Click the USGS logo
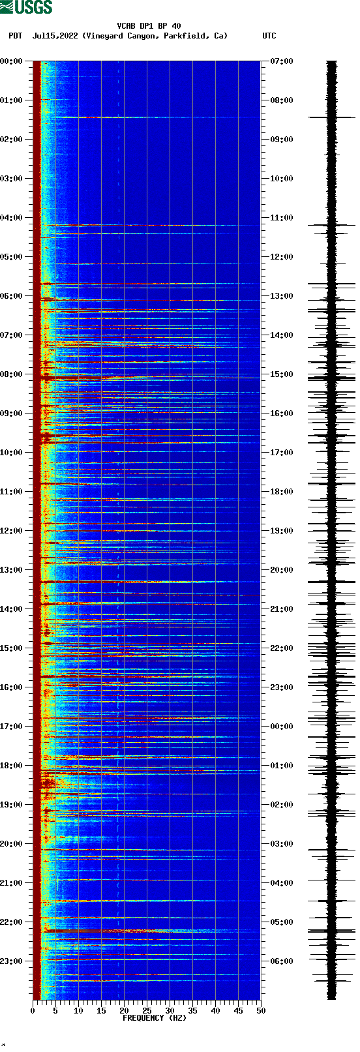point(26,7)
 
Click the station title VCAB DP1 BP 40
point(149,26)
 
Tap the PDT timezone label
point(15,36)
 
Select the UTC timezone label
point(269,36)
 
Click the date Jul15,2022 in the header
point(55,36)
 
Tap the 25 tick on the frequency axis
point(147,1011)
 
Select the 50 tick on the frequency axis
point(261,1011)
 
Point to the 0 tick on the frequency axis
point(33,1011)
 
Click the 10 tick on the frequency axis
point(78,1011)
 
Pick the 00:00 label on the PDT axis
point(12,61)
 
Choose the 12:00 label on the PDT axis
point(12,531)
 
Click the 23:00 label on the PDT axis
point(12,961)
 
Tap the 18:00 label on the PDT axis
point(12,766)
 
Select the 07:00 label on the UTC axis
point(281,61)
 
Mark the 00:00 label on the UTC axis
point(281,727)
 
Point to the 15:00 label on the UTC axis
point(281,374)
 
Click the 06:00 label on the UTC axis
point(281,961)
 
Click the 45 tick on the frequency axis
point(238,1011)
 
